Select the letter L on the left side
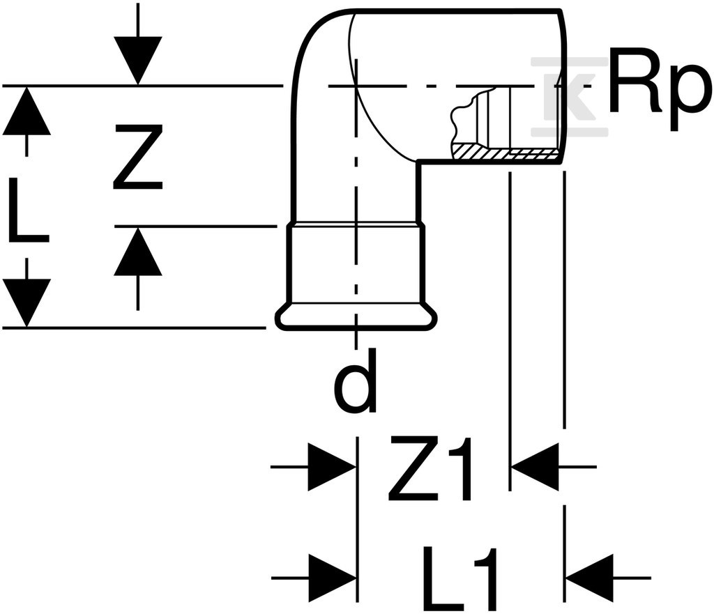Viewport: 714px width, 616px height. [29, 210]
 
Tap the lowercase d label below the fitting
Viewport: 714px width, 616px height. [355, 381]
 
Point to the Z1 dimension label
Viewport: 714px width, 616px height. [430, 468]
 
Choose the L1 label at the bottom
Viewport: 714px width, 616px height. [460, 578]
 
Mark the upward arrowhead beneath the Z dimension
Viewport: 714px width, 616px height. [138, 251]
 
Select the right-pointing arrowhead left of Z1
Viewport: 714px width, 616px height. [332, 467]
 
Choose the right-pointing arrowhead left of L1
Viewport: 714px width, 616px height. [332, 578]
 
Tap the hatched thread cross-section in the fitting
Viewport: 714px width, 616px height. [506, 153]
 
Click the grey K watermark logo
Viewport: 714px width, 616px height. [569, 96]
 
